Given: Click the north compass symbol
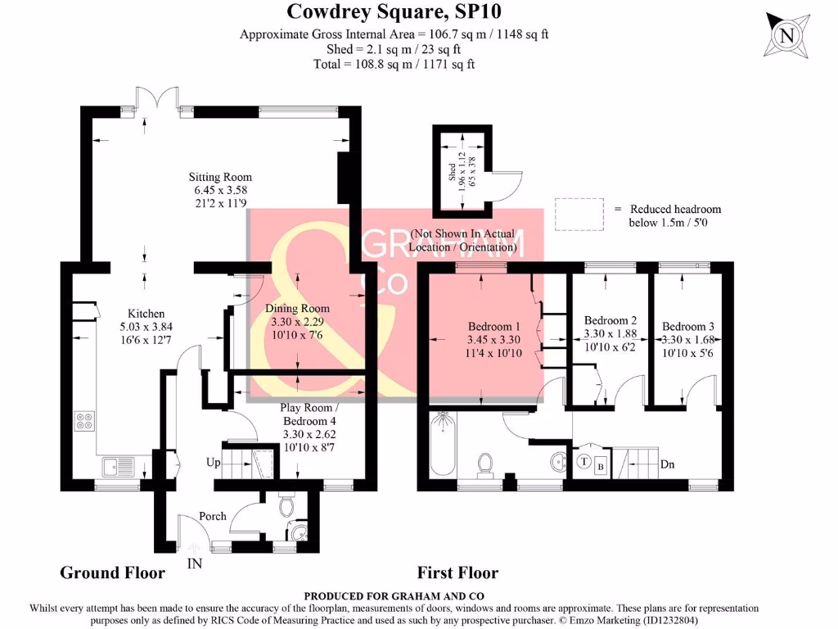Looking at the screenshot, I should [x=787, y=34].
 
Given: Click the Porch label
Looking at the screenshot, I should [x=212, y=517].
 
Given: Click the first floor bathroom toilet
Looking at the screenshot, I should [x=486, y=464].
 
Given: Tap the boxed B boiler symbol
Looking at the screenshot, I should [x=601, y=466].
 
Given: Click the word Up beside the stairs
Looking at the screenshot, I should [x=214, y=463].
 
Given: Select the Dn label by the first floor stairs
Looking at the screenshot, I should [x=669, y=464].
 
